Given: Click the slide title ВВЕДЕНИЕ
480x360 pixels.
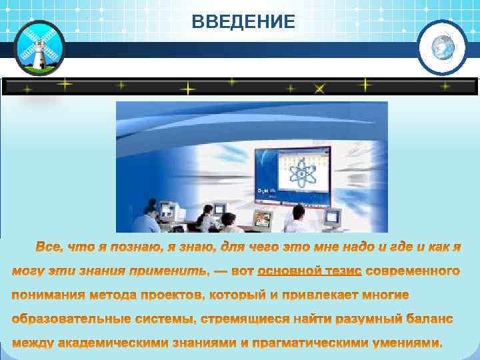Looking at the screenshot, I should point(243,23).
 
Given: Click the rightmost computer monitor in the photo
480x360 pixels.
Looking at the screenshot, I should point(331,216).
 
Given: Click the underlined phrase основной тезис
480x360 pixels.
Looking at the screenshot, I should point(309,271).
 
